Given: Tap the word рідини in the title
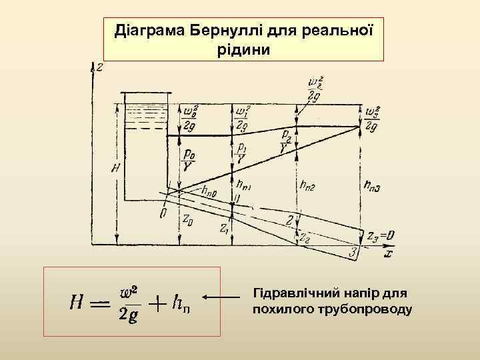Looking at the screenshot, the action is pos(244,49).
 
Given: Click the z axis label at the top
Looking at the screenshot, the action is pos(99,67).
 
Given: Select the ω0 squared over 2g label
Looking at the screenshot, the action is pos(191,117).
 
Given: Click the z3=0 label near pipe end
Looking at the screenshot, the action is pos(380,235).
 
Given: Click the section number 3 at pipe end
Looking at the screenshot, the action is pos(354,252).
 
